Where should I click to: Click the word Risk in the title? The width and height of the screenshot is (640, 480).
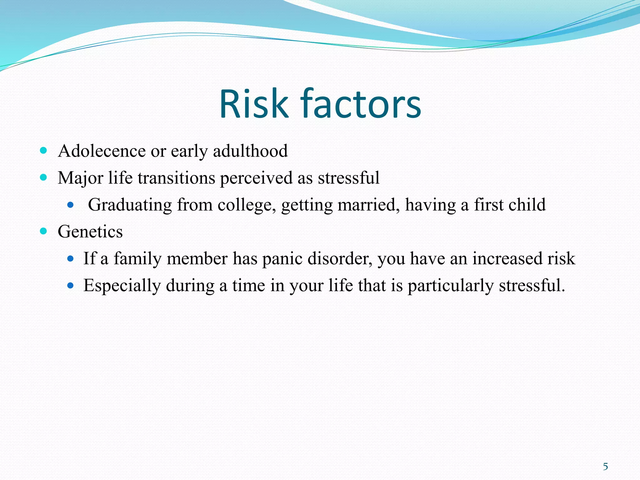coord(253,104)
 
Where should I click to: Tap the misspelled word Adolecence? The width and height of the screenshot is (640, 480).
coord(102,151)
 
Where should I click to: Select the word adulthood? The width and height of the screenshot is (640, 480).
coord(250,151)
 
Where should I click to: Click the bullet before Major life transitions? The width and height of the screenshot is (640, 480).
coord(43,177)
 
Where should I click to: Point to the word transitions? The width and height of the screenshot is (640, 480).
coord(176,178)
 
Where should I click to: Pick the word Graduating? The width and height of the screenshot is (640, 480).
coord(130,205)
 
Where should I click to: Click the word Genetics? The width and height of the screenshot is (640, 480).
coord(90,232)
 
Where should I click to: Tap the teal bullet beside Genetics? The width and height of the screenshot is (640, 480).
coord(43,231)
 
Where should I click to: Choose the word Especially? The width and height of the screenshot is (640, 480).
coord(122,286)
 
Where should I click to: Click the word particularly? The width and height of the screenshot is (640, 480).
coord(450,286)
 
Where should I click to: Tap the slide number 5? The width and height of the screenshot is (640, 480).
coord(605,467)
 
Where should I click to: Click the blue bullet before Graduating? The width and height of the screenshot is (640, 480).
coord(70,205)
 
